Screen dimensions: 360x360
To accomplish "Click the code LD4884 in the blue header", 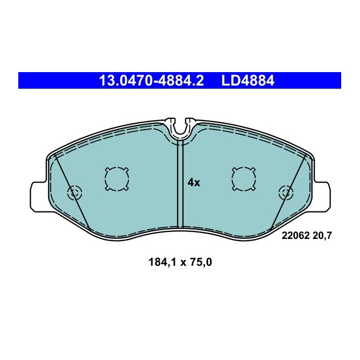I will point(248,81).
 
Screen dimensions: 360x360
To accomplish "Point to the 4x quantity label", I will point(193,182).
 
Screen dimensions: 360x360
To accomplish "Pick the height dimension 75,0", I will point(202,263).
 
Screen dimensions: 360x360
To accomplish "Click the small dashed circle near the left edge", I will point(73,192).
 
